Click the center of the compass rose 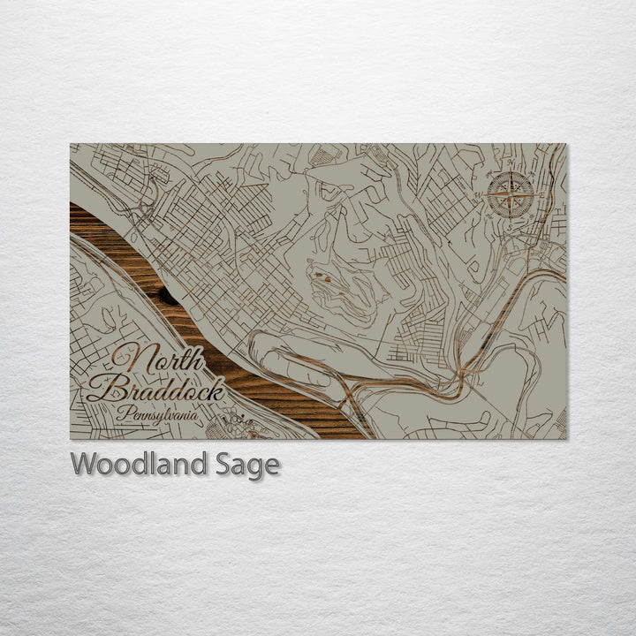pos(511,193)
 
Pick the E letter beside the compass pos(534,193)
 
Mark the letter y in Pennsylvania pos(163,415)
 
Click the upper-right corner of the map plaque pos(566,144)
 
